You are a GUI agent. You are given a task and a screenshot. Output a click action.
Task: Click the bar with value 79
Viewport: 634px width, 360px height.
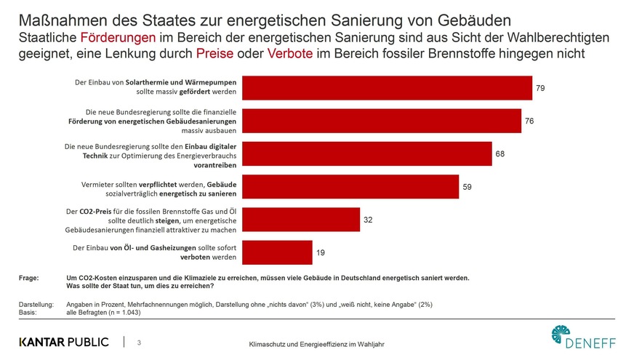(386, 88)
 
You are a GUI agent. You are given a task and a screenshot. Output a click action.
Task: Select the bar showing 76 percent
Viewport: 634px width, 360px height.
(381, 121)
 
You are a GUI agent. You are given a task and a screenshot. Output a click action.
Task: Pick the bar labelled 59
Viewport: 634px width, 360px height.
(350, 186)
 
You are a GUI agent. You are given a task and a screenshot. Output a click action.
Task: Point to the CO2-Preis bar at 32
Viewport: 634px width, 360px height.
(300, 219)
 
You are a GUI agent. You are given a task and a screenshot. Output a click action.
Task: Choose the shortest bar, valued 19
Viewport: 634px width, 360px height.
(276, 252)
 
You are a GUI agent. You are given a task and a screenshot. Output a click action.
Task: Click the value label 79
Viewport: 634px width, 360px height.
(540, 88)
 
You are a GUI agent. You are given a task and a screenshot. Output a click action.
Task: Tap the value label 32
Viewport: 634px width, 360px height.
(369, 219)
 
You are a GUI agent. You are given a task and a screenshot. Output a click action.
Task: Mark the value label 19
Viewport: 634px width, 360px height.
(321, 252)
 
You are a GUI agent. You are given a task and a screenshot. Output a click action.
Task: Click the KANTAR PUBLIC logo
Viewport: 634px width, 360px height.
(64, 341)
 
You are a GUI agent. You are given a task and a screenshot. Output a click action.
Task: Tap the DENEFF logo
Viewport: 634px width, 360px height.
(582, 338)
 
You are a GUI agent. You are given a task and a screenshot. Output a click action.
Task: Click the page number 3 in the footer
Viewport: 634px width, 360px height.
(140, 341)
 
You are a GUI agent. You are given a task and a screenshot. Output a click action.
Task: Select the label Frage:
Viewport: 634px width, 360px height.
(31, 278)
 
